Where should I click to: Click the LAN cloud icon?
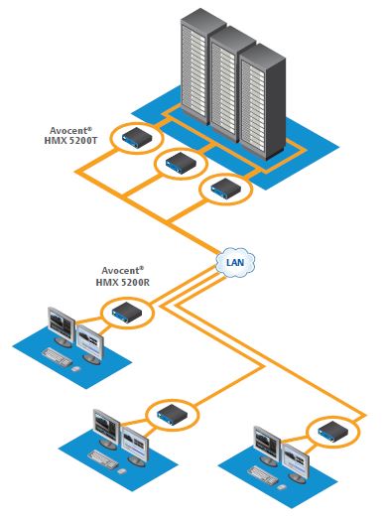(235, 262)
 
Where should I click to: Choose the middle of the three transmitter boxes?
(180, 162)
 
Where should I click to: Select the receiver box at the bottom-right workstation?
(327, 431)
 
